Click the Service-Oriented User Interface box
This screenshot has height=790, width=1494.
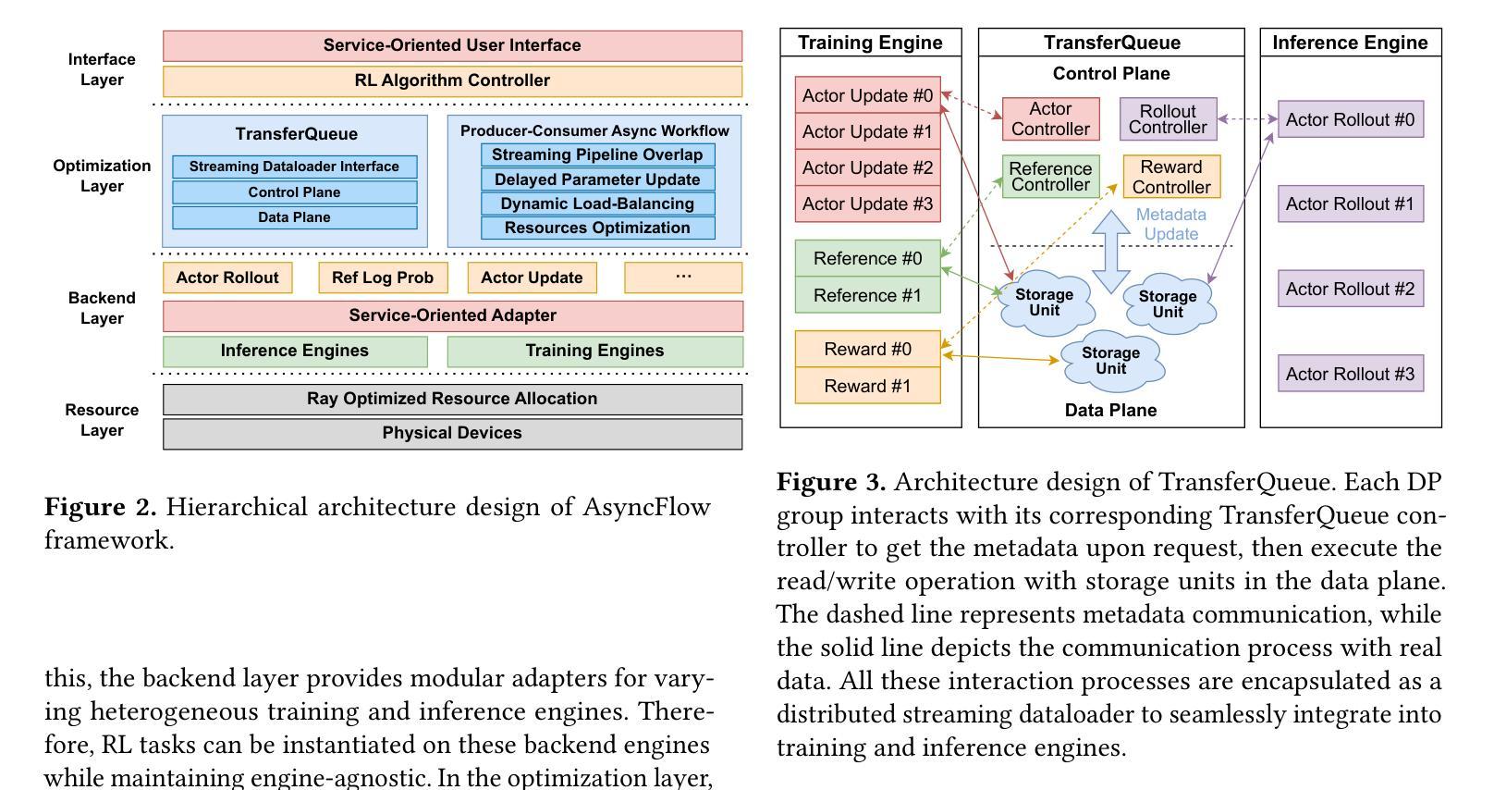coord(452,45)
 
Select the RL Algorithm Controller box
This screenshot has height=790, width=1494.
coord(452,80)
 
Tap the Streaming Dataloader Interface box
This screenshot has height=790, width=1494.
coord(294,167)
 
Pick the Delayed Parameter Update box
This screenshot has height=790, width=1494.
coord(597,179)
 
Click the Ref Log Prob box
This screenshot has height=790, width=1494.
coord(383,278)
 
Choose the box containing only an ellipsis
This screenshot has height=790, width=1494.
coord(683,278)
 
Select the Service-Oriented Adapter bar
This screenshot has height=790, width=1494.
coord(452,315)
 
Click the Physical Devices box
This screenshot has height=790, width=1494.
coord(452,434)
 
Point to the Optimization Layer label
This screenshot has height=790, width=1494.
coord(102,176)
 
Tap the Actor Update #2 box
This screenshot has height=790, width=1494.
coord(868,167)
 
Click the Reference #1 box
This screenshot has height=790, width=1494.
coord(868,295)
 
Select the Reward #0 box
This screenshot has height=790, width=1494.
coord(868,349)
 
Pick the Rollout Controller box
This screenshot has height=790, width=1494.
coord(1168,119)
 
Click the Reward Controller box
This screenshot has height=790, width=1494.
coord(1172,177)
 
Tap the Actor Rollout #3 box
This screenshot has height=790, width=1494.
coord(1351,374)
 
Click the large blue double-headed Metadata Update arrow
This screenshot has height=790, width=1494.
coord(1110,252)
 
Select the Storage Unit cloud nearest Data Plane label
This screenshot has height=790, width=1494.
coord(1111,361)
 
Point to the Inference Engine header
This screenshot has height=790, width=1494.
coord(1350,43)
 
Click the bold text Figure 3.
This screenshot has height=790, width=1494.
coord(831,482)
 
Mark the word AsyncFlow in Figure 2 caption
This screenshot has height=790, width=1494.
coord(647,507)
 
